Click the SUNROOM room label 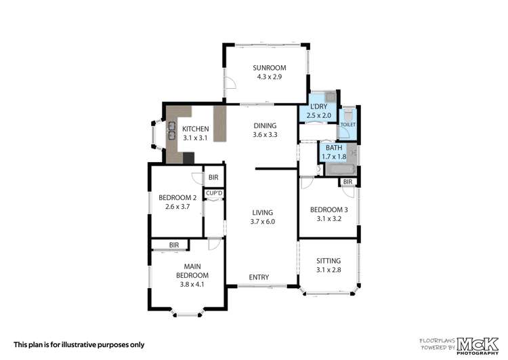[x=270, y=68]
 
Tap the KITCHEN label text [x=195, y=129]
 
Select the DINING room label [x=266, y=125]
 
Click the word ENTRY [x=259, y=277]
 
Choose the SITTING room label [x=329, y=261]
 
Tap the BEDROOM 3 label [x=329, y=209]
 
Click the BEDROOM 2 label [x=177, y=198]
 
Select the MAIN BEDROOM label [x=192, y=271]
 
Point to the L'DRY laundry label [x=318, y=107]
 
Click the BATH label [x=333, y=148]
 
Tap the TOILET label [x=347, y=125]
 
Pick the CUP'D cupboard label [x=215, y=194]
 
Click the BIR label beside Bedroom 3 [x=347, y=182]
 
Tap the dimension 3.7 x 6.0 [x=263, y=221]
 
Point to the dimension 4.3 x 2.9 [x=270, y=77]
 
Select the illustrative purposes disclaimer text [x=79, y=344]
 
